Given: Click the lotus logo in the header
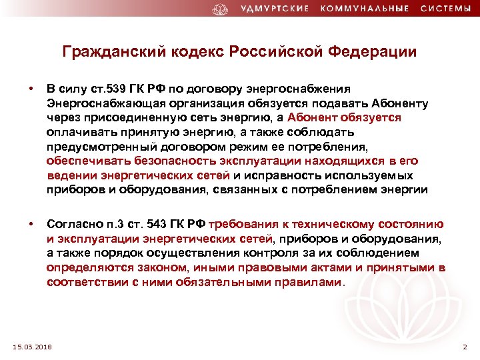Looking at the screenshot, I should coord(221,9).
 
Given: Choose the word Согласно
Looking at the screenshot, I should coord(74,225).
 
